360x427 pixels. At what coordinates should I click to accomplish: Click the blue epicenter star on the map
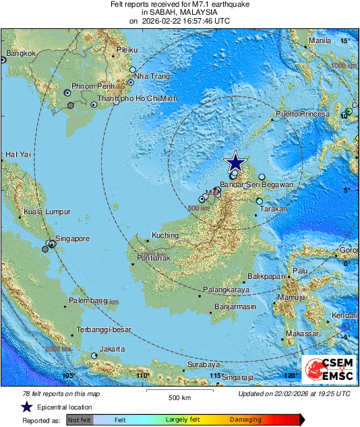(235, 162)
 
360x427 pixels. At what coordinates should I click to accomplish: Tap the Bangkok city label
(20, 53)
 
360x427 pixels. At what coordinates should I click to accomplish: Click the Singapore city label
(72, 238)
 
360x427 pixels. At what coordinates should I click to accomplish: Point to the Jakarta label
(111, 349)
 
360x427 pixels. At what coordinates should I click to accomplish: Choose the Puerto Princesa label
(302, 114)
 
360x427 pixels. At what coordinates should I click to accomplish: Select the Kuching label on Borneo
(165, 236)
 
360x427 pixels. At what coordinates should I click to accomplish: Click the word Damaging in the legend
(246, 419)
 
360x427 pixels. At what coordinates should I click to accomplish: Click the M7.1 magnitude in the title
(204, 4)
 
